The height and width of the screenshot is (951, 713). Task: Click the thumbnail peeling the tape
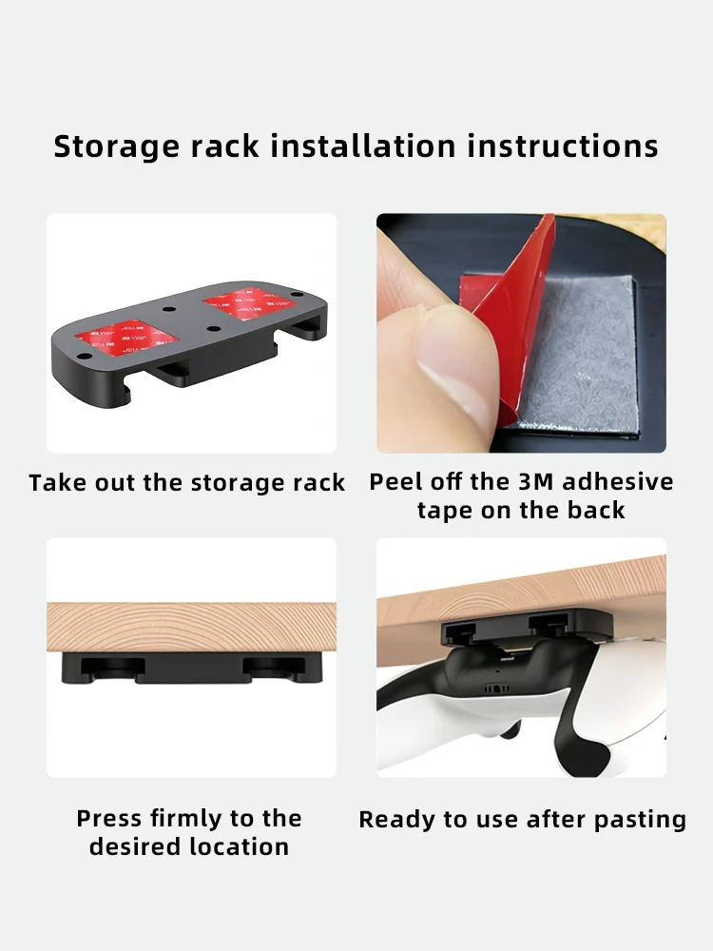pos(521,333)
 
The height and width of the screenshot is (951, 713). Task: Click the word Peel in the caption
pos(395,482)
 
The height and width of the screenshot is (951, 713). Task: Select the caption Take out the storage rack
pos(187,483)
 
